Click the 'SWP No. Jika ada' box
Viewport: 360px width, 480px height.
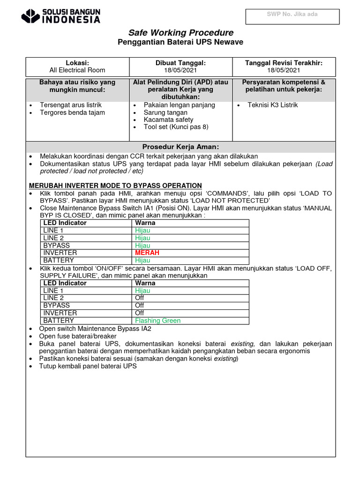tap(292, 16)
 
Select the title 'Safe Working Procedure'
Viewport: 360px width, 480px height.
tap(180, 32)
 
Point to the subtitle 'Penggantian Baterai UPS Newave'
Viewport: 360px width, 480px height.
tap(180, 43)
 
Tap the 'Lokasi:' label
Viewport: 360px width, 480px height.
tap(77, 63)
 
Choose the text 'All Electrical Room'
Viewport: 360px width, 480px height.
tap(77, 70)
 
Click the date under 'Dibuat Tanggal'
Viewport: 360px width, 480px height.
tap(180, 70)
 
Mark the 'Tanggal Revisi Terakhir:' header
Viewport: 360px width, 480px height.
tap(284, 63)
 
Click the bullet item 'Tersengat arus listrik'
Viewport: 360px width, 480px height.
tap(71, 105)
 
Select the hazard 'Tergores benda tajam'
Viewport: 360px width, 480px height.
tap(72, 112)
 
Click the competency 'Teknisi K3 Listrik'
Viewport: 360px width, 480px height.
tap(272, 105)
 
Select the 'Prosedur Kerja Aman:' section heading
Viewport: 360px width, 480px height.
tap(180, 147)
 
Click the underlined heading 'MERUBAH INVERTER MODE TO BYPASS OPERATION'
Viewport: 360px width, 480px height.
tap(115, 186)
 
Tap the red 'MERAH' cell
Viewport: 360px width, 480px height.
tap(147, 253)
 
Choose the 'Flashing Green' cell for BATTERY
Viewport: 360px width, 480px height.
tap(157, 321)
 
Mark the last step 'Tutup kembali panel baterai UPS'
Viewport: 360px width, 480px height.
tap(88, 366)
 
